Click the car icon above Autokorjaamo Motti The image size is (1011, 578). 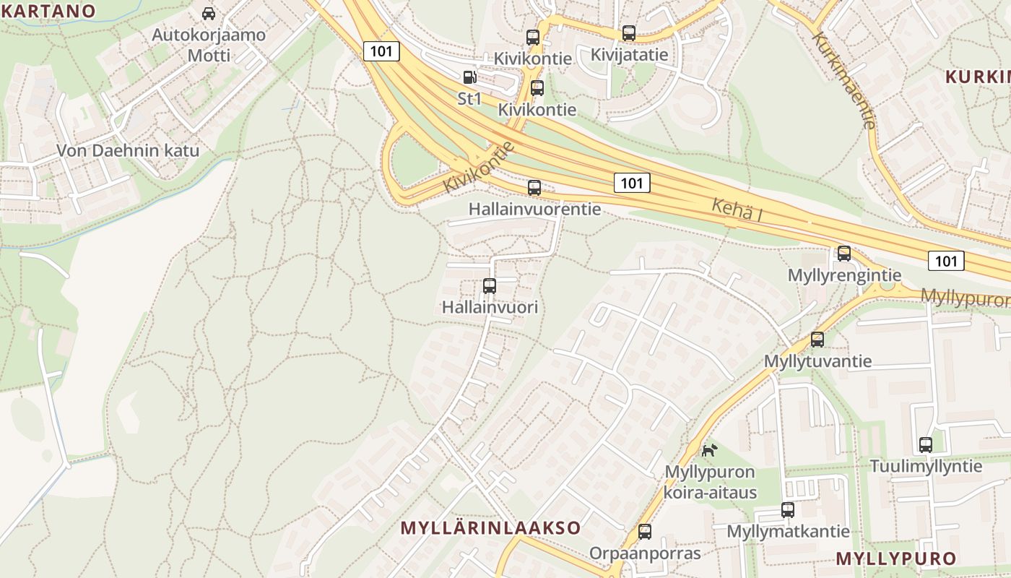click(209, 13)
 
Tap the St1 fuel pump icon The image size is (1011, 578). click(469, 77)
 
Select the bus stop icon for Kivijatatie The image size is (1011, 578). click(629, 33)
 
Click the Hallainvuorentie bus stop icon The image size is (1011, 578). click(534, 188)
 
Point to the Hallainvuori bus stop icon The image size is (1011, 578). click(490, 285)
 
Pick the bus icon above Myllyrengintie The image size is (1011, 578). click(844, 254)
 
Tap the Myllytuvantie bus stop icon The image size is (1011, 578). click(817, 339)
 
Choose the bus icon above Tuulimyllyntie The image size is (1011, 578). click(926, 444)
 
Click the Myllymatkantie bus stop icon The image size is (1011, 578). click(788, 509)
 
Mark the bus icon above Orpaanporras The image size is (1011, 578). click(645, 532)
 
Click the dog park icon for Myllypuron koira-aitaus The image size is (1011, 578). click(710, 450)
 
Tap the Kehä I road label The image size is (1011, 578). click(737, 210)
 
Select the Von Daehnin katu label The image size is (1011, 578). click(128, 151)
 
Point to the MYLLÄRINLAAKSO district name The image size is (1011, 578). click(490, 527)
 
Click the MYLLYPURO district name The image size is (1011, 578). click(895, 558)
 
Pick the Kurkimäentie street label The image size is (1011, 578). click(843, 80)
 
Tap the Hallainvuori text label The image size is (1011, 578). click(490, 307)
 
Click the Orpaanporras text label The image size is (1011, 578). click(645, 553)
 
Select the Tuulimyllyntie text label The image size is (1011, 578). click(926, 466)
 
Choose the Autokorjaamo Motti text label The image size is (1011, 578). click(209, 45)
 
